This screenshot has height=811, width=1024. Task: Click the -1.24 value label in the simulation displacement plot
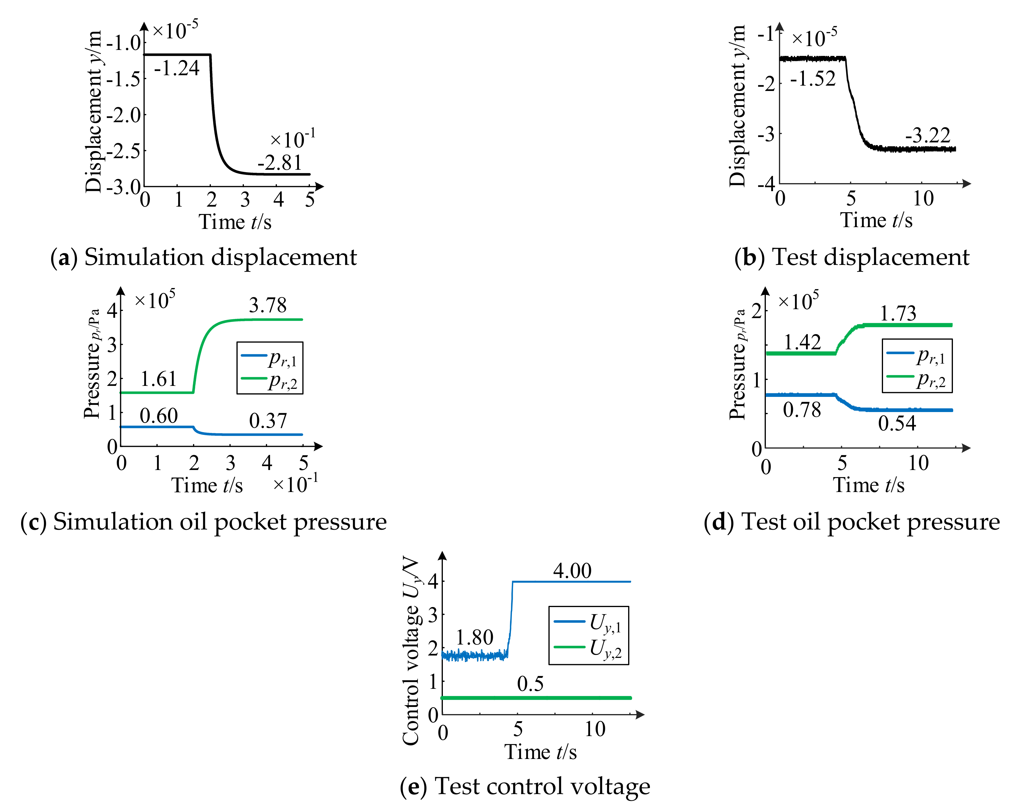177,69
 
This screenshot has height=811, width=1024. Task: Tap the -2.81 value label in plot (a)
280,163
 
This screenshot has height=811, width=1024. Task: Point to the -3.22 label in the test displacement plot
928,136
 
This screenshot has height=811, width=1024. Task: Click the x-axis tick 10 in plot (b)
923,199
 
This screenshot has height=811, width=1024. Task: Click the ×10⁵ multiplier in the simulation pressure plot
155,301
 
